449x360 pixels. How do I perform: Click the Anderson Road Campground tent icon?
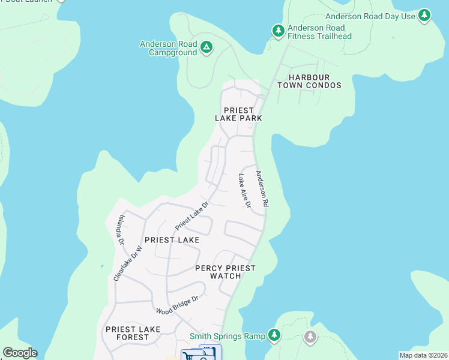pos(206,47)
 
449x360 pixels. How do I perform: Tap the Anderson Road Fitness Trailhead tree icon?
pos(278,30)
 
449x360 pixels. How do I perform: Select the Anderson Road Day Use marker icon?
pos(425,16)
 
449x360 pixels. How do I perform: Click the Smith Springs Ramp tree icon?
pos(274,335)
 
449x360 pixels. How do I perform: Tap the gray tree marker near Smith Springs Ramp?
pos(310,336)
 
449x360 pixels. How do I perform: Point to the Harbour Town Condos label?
pos(309,82)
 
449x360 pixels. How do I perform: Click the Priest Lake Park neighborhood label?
pos(238,115)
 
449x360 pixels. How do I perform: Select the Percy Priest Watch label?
pos(225,272)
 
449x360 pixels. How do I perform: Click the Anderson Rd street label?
pos(262,189)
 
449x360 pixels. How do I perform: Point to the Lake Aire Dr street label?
pos(244,191)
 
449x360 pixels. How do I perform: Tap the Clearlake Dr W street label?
pos(128,264)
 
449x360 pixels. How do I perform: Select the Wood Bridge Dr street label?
pos(176,305)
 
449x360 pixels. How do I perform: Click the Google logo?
pos(20,353)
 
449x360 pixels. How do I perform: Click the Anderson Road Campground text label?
pos(169,48)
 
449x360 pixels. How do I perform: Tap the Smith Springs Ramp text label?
pos(228,337)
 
